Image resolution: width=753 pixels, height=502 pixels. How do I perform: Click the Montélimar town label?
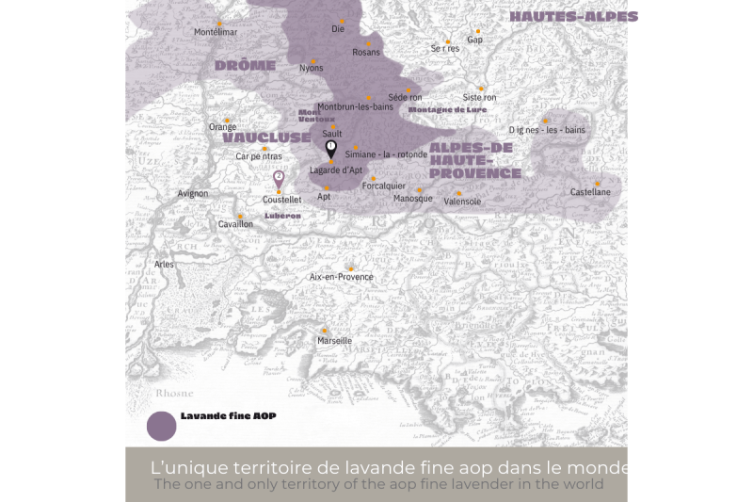point(215,32)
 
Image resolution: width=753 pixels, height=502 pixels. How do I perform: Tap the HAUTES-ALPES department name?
point(573,17)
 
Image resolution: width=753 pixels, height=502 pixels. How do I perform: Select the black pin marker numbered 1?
point(330,148)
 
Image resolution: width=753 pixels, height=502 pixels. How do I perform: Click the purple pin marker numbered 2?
point(279,177)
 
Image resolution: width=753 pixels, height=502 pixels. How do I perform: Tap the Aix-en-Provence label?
point(342,278)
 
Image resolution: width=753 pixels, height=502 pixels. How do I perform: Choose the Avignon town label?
point(193,194)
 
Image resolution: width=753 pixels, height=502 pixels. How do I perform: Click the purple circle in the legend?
point(162,426)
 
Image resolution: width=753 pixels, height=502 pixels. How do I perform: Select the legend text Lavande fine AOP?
point(228,415)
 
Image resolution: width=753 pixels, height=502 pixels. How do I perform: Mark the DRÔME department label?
point(245,66)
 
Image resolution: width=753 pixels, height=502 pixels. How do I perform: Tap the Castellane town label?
point(590,192)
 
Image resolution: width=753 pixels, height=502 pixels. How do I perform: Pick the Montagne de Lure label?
point(448,109)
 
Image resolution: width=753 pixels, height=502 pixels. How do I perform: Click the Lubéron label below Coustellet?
point(282,216)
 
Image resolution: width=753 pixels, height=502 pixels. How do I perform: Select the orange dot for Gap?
point(477,31)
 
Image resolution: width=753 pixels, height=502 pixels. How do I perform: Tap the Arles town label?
point(165,265)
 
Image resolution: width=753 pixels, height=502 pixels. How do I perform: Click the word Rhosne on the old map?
point(174,394)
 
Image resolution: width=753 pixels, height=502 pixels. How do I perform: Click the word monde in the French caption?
point(602,468)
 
